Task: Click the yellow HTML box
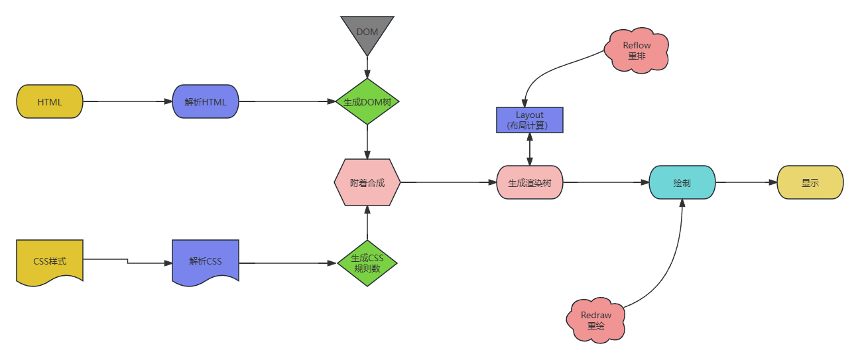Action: click(x=50, y=102)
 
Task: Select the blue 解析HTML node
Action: click(x=206, y=102)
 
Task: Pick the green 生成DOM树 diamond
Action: click(x=367, y=102)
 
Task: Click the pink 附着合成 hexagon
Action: click(x=367, y=182)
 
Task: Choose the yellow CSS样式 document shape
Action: click(x=50, y=261)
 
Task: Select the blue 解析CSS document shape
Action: click(x=206, y=261)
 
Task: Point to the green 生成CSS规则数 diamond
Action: click(x=367, y=263)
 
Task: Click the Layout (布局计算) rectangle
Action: click(x=530, y=120)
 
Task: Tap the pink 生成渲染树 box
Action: click(x=530, y=182)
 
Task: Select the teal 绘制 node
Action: click(x=682, y=182)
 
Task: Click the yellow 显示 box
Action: click(x=810, y=182)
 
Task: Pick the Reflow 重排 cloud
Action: click(x=637, y=51)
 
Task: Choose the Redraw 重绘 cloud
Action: click(x=596, y=320)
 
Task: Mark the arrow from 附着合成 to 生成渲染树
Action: click(x=448, y=182)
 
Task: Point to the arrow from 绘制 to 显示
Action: click(x=746, y=182)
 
